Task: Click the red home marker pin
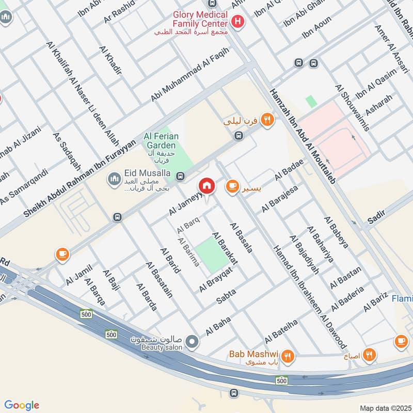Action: tap(207, 186)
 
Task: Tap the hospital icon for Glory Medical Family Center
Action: tap(237, 22)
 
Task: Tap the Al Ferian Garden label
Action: tap(161, 141)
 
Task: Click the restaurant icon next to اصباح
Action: tap(369, 355)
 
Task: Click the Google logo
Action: tap(22, 405)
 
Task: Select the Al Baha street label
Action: tap(217, 328)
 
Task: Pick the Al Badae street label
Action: tap(289, 170)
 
